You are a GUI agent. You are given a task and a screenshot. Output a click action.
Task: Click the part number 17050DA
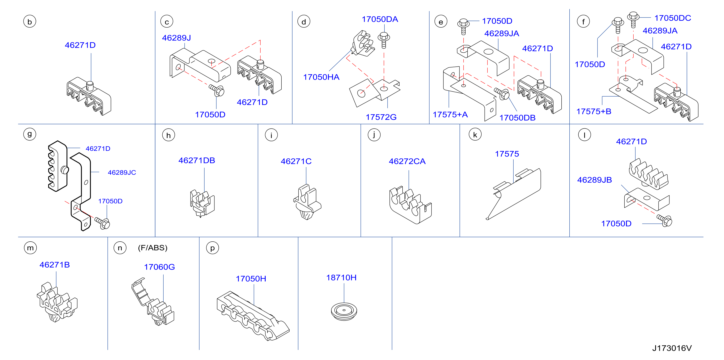point(380,19)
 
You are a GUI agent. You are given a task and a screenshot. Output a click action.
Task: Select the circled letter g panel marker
point(30,134)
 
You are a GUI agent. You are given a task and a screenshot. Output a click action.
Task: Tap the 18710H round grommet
point(344,311)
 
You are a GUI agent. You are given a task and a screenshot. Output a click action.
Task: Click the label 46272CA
point(407,161)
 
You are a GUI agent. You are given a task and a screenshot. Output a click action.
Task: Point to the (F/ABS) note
point(153,248)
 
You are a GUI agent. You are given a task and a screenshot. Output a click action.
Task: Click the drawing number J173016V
point(672,348)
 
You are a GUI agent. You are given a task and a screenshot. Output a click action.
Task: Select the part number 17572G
point(381,117)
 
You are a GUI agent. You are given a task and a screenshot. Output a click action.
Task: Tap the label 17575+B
point(594,111)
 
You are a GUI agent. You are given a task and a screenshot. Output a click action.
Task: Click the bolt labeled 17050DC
point(633,19)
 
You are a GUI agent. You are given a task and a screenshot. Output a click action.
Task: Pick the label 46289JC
point(122,172)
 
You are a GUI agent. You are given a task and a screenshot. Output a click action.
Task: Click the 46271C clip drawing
point(307,202)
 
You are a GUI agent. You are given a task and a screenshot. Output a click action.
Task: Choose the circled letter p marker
point(213,248)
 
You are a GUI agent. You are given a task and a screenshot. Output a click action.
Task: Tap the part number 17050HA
point(321,77)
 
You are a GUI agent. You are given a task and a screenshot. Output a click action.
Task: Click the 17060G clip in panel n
point(153,302)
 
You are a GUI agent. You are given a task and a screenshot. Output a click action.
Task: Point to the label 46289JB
point(594,180)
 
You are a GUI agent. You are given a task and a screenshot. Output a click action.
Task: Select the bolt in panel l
point(664,221)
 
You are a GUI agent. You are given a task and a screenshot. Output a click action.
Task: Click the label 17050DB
point(517,118)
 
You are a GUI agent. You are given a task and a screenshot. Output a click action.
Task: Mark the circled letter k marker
point(475,135)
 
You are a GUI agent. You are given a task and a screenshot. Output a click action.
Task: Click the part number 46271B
point(55,265)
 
